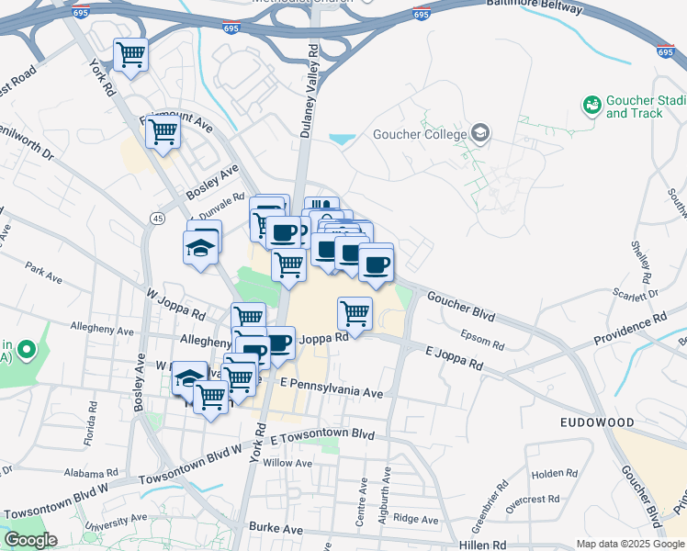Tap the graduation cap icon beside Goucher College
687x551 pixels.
[479, 134]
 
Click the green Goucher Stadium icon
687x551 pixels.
[591, 106]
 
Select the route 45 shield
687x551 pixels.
[157, 218]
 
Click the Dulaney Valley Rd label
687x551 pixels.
[309, 92]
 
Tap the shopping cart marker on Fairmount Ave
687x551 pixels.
[163, 132]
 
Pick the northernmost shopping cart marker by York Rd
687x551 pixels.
[131, 55]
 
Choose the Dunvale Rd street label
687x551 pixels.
[227, 197]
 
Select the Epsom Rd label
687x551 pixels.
[483, 340]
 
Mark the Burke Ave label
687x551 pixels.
[276, 529]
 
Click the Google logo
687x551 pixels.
[30, 540]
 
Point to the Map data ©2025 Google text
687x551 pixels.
[629, 544]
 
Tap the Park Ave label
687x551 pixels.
[42, 274]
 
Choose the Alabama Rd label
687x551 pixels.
[89, 472]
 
